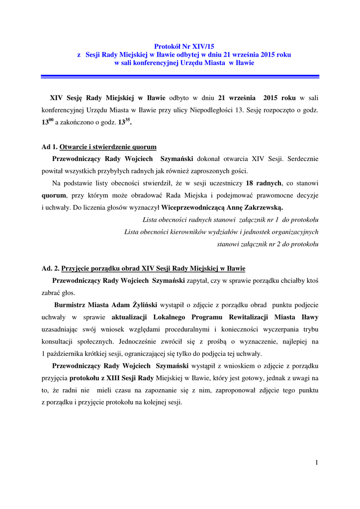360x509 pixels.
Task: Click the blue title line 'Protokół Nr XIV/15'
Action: (x=180, y=46)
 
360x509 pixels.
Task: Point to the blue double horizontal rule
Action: (x=180, y=76)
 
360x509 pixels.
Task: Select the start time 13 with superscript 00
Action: (x=47, y=122)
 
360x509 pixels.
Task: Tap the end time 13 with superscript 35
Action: (x=124, y=122)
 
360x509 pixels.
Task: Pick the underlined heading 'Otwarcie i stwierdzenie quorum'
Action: (x=108, y=147)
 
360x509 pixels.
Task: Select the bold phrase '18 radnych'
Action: (x=264, y=183)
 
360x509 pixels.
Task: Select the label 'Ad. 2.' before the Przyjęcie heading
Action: (x=50, y=268)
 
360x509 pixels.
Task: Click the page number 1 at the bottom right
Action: (x=316, y=463)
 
